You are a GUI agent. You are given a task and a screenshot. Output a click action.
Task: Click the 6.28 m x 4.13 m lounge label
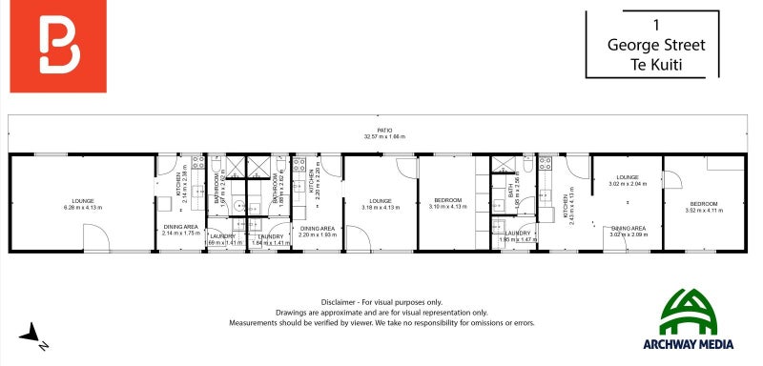(x=83, y=204)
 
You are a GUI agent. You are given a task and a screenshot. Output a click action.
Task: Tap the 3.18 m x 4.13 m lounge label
(x=381, y=204)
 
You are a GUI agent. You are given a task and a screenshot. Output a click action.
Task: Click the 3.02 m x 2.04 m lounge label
(x=627, y=180)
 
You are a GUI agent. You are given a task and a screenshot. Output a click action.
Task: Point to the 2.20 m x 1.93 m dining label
(x=317, y=232)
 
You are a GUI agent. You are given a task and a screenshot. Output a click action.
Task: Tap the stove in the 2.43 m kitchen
(x=546, y=167)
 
